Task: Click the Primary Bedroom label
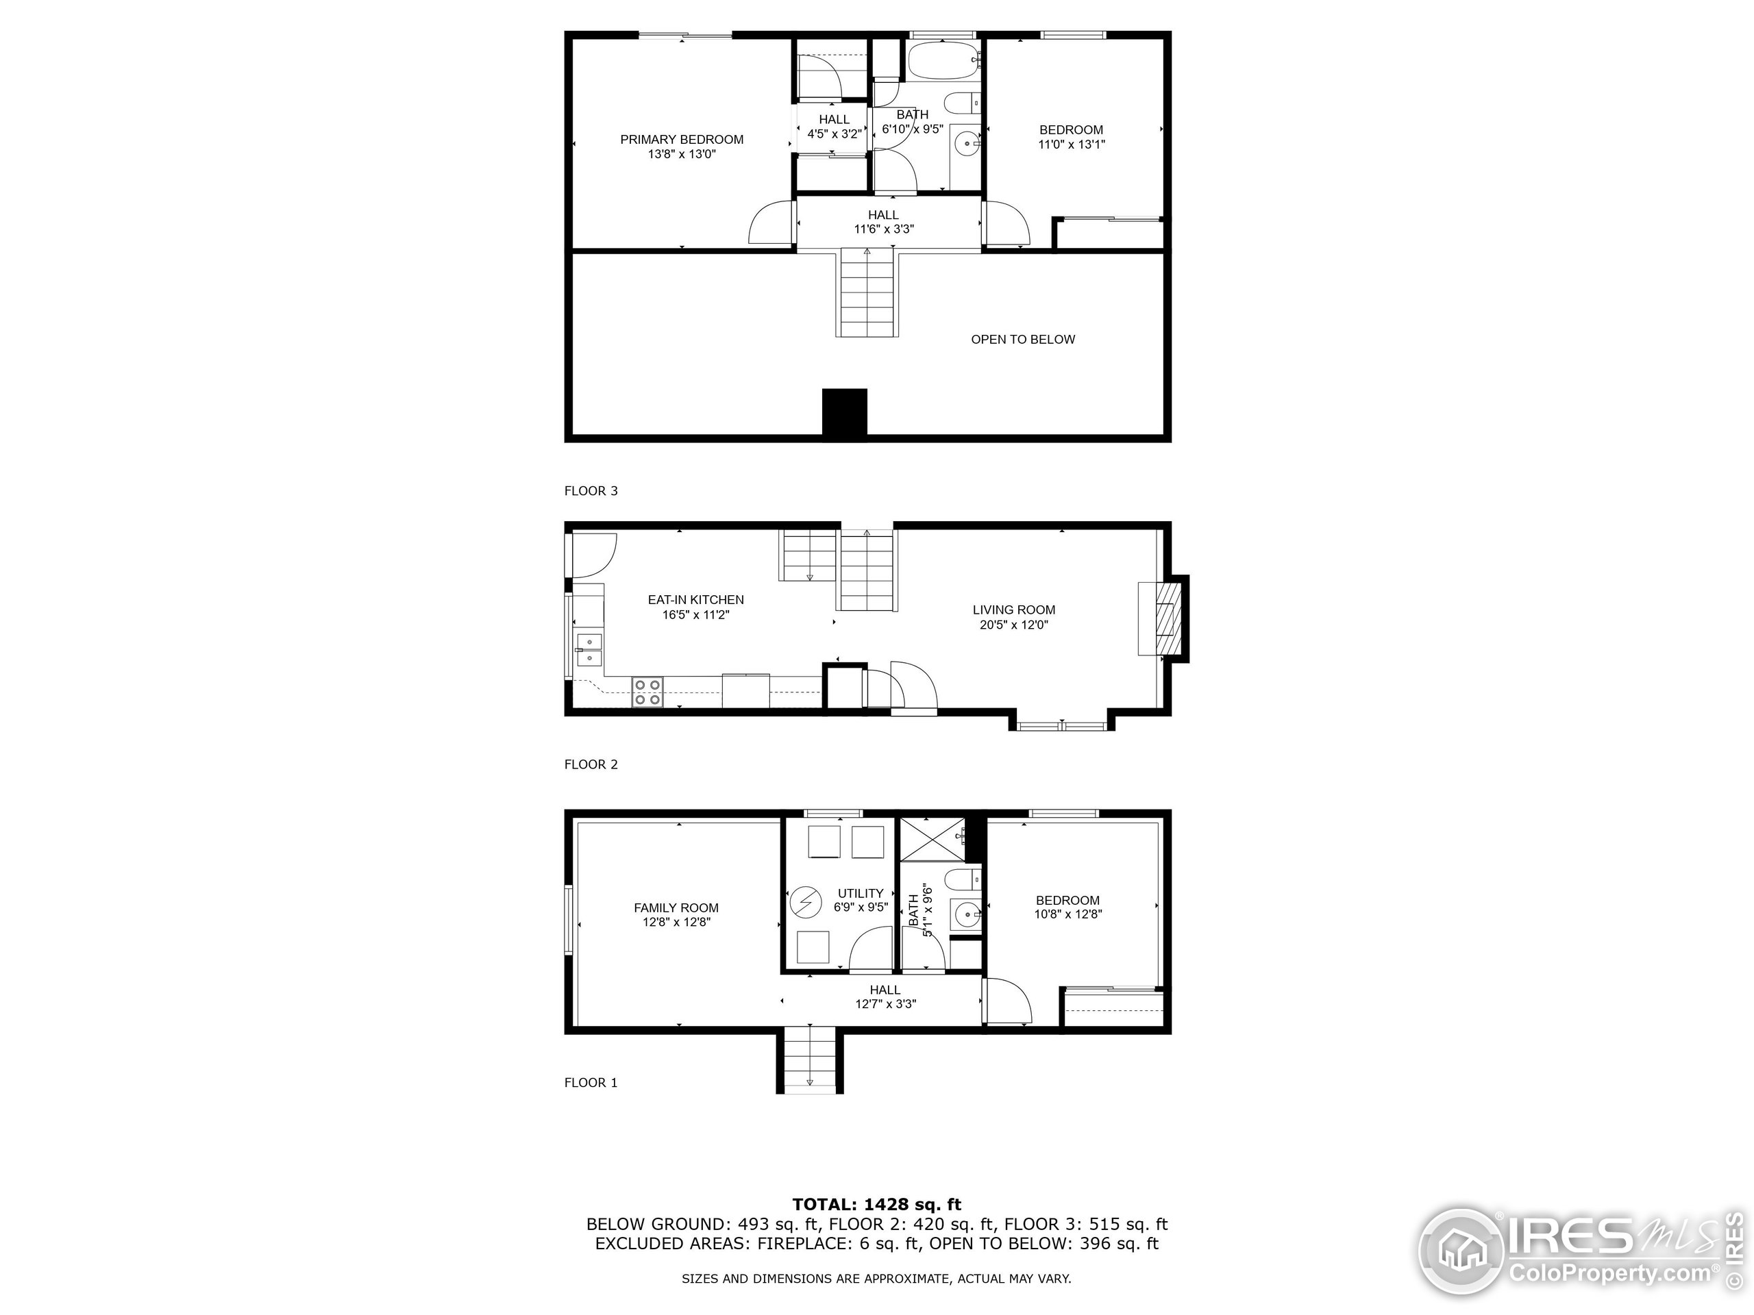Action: [681, 140]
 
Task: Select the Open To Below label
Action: [1023, 339]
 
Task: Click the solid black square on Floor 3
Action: [845, 412]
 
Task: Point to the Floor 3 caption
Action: [591, 490]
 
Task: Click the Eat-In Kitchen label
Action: [695, 600]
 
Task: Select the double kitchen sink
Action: [589, 650]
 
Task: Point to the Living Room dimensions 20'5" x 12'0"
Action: [1014, 625]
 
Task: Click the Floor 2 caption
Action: [591, 764]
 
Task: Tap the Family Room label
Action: [676, 907]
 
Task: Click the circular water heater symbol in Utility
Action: [804, 901]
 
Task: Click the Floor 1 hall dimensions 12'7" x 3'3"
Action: [886, 1003]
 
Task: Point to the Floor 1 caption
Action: [591, 1083]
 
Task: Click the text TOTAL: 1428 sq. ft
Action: [876, 1205]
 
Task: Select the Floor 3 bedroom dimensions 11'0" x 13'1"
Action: [1072, 145]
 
